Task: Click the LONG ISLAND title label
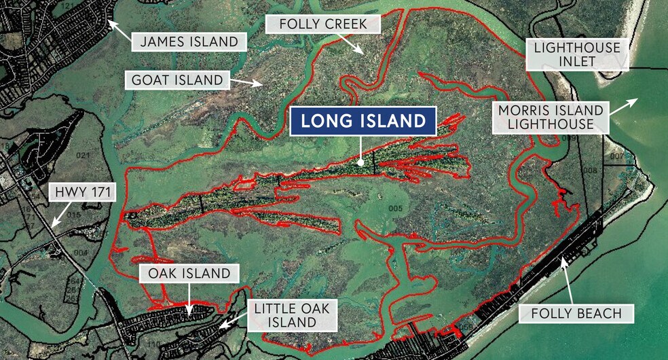click(363, 122)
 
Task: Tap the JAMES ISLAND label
click(189, 41)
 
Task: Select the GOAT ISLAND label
click(177, 80)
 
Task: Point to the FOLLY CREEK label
click(323, 25)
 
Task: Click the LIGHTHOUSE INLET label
click(577, 54)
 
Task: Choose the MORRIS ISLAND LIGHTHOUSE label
click(551, 117)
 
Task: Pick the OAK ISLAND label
click(189, 274)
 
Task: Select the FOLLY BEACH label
click(577, 313)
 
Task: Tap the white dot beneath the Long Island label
click(362, 162)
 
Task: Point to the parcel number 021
click(83, 156)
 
